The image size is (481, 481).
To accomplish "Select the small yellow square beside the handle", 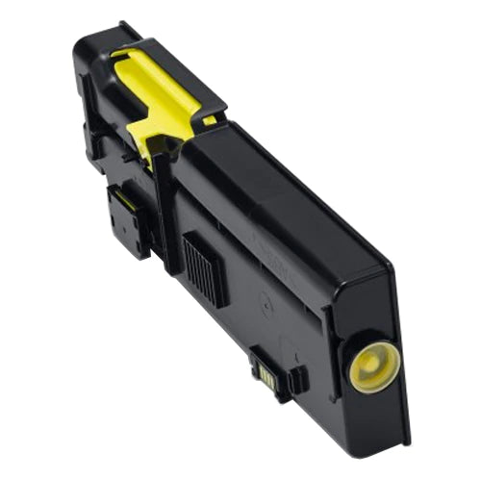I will (210, 121).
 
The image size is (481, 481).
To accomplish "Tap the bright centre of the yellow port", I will (373, 367).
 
